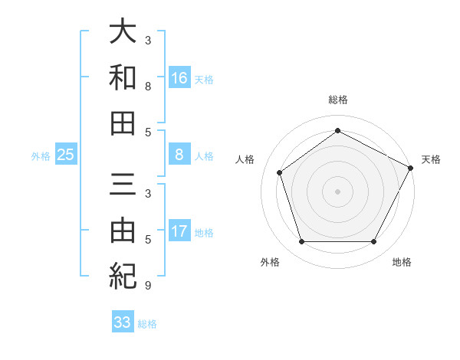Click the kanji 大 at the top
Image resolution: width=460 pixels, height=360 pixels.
pyautogui.click(x=123, y=32)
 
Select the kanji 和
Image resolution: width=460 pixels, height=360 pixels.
pyautogui.click(x=123, y=77)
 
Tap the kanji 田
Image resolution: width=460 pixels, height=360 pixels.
pyautogui.click(x=123, y=123)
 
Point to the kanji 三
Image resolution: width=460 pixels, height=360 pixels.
pyautogui.click(x=123, y=185)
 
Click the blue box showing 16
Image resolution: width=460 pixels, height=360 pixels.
pyautogui.click(x=179, y=77)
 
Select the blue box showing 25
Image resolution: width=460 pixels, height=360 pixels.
pyautogui.click(x=66, y=155)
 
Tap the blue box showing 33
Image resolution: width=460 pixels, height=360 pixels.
pyautogui.click(x=123, y=322)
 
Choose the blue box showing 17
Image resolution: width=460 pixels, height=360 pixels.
pyautogui.click(x=179, y=231)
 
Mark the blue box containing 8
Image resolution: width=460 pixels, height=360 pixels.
pyautogui.click(x=179, y=155)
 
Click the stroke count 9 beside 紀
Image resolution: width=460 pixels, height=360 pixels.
pyautogui.click(x=148, y=286)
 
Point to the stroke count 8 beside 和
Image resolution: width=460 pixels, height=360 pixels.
pyautogui.click(x=148, y=87)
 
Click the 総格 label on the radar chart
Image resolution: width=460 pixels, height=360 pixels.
pyautogui.click(x=337, y=100)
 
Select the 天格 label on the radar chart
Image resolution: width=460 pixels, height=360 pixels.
pyautogui.click(x=431, y=159)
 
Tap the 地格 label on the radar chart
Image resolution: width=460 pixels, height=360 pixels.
pyautogui.click(x=401, y=263)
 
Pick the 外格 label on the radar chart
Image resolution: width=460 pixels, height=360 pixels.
pyautogui.click(x=270, y=263)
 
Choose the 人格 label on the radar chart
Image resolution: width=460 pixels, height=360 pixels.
pyautogui.click(x=245, y=159)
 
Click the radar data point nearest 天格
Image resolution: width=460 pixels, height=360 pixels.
pyautogui.click(x=411, y=167)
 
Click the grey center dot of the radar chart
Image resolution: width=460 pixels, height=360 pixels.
pyautogui.click(x=337, y=191)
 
